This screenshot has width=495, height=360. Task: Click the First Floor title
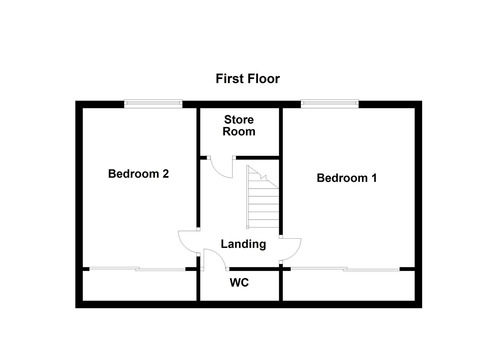(247, 79)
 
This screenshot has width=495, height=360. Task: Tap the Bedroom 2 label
(138, 174)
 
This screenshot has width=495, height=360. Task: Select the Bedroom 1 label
(347, 178)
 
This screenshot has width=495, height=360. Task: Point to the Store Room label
(239, 125)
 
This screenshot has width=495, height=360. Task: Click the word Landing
(243, 244)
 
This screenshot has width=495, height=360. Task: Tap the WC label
(239, 283)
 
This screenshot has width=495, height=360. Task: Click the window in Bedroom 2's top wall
(153, 104)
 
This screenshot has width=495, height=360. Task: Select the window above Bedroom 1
(330, 104)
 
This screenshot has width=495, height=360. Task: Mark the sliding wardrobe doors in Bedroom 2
(137, 269)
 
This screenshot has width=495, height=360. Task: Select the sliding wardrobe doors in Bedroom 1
(345, 269)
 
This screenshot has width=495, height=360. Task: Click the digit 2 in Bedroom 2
(165, 174)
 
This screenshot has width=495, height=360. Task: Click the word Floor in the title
(263, 79)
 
